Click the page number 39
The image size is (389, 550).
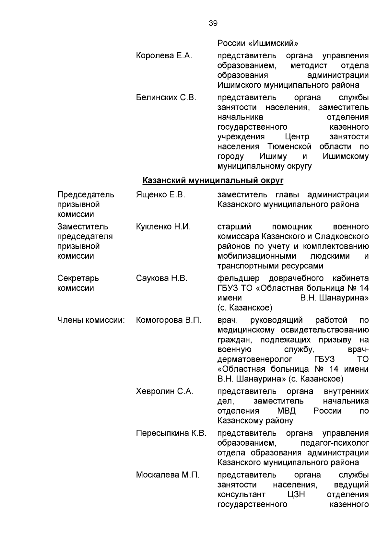(x=213, y=23)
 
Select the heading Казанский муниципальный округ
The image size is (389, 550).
(x=213, y=180)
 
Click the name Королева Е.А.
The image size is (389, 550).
(x=164, y=56)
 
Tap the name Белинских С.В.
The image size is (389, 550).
(x=166, y=98)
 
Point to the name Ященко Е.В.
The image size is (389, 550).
(x=160, y=195)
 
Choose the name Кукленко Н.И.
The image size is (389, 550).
(x=163, y=227)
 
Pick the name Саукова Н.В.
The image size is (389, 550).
(x=162, y=278)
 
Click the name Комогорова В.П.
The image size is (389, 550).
(x=169, y=320)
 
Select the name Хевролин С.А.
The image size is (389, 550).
(x=165, y=391)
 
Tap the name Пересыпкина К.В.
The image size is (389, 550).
(x=171, y=433)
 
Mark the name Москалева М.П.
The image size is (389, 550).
(x=168, y=475)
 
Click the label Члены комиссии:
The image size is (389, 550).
(x=91, y=320)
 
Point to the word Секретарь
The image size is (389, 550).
(x=78, y=278)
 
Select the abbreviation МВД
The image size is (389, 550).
(x=287, y=411)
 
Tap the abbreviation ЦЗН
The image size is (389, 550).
(x=296, y=495)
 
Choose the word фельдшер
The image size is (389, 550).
(x=238, y=278)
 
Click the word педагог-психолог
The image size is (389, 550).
(x=335, y=443)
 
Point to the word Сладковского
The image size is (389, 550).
(x=341, y=236)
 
